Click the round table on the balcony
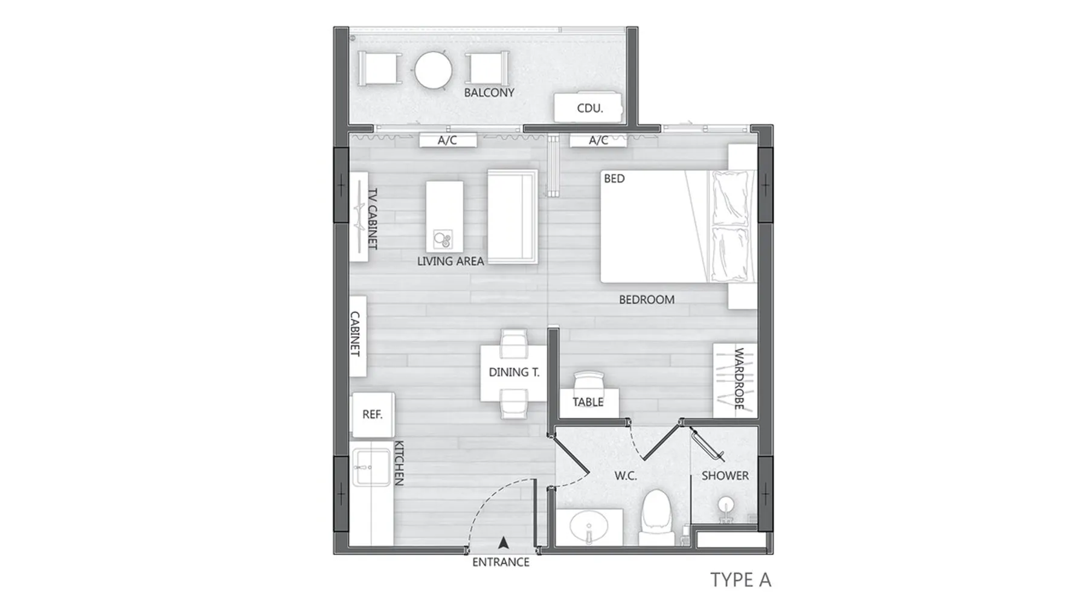[x=433, y=70]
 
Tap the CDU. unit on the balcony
[x=588, y=108]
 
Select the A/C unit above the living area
[x=447, y=140]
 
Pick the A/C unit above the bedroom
[x=598, y=140]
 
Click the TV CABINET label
[x=373, y=219]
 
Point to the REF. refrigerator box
[x=373, y=414]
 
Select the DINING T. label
[x=514, y=372]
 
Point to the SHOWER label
[x=725, y=476]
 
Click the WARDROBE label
[x=739, y=378]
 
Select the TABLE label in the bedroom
[x=588, y=402]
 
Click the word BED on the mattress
[x=614, y=179]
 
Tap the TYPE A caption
[x=741, y=579]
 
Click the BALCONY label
[x=489, y=92]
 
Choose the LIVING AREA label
[x=451, y=261]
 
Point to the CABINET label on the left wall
[x=355, y=333]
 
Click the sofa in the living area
[x=512, y=216]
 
